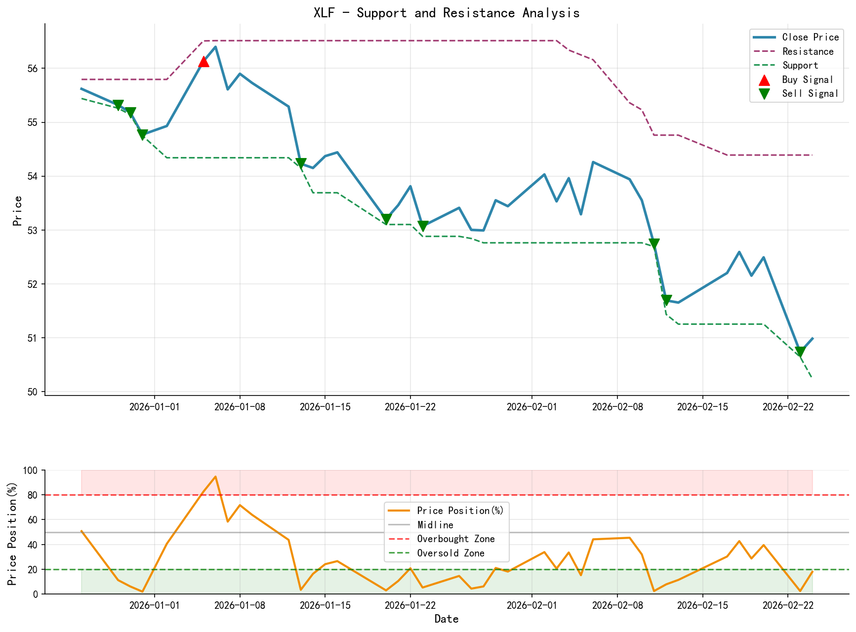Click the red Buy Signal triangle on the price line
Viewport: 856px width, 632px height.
pos(204,61)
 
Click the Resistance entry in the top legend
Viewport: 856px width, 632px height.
pos(808,51)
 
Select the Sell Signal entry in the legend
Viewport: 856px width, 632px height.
pos(810,93)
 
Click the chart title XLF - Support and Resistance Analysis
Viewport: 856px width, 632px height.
pos(447,13)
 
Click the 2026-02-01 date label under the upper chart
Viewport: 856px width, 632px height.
pos(531,406)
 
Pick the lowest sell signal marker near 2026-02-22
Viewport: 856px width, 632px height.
pos(800,352)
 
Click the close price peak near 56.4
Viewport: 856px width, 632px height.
pos(215,47)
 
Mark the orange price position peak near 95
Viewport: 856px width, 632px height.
pos(215,477)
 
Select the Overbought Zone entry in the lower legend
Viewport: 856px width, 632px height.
pos(455,539)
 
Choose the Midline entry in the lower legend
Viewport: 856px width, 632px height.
pos(435,525)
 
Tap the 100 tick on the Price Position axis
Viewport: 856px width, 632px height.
pos(30,471)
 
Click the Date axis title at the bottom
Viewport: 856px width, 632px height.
pos(447,619)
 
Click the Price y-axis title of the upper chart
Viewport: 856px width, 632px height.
pos(17,211)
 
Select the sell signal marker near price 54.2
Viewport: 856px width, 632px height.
pos(301,163)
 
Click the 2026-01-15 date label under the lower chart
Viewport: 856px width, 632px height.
pos(325,605)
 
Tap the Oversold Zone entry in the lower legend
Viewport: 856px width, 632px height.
pos(450,553)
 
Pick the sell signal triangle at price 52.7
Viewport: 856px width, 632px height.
pos(654,244)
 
